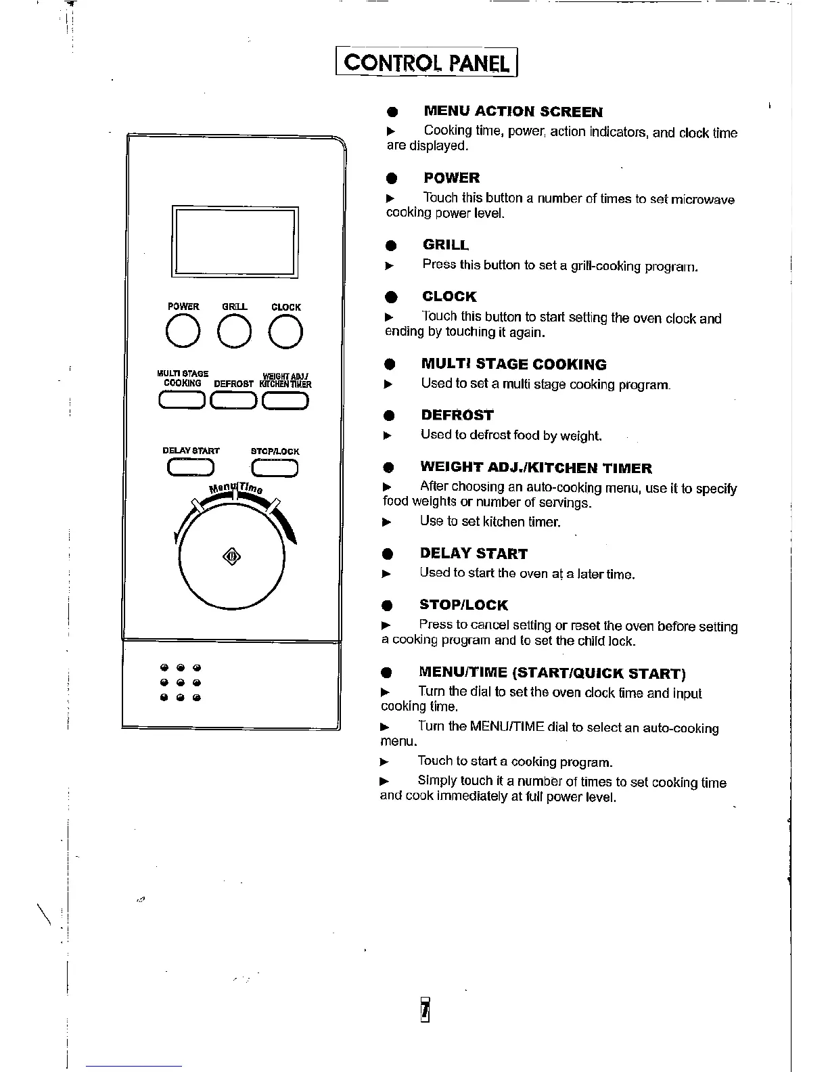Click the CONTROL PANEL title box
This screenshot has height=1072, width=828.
coord(426,62)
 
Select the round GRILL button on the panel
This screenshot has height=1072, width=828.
coord(235,332)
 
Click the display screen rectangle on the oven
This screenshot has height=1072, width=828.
coord(235,242)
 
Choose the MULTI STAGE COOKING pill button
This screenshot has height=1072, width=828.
coord(182,401)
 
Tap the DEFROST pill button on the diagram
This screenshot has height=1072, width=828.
coord(234,401)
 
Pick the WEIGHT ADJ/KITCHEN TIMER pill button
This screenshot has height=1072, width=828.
coord(285,401)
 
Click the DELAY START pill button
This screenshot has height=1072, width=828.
coord(191,468)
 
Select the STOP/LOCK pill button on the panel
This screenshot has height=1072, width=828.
coord(275,468)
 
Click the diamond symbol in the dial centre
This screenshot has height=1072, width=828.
coord(231,557)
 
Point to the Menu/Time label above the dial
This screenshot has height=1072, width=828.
coord(235,487)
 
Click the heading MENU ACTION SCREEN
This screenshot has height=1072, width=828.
coord(513,112)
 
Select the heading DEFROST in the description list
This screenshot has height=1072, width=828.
coord(457,415)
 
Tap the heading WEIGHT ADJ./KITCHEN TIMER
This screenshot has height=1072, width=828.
coord(536,468)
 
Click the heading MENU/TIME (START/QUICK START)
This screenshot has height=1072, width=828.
coord(552,673)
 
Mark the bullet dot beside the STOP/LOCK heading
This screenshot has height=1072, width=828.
coord(388,606)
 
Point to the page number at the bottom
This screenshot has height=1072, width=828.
coord(425,1010)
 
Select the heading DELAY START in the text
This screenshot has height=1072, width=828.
coord(473,554)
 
